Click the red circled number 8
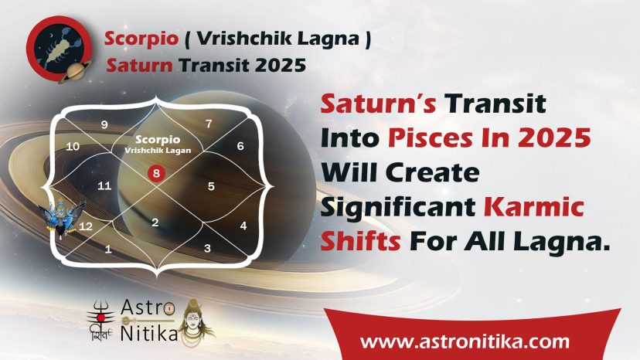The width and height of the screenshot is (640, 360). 156,174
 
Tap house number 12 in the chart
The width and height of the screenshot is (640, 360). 85,226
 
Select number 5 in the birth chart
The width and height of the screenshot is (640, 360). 211,186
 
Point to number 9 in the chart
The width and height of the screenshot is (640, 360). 104,124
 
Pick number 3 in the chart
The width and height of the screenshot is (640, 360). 207,248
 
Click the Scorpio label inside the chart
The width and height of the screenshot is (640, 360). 158,140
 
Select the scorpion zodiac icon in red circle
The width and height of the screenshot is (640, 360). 60,49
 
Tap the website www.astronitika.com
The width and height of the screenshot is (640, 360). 465,341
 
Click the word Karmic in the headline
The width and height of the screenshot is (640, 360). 534,206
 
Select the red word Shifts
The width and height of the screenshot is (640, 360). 360,241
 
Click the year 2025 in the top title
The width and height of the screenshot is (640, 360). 281,66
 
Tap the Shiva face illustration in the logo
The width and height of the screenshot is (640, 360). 197,323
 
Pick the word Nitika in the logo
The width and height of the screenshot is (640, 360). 149,333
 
